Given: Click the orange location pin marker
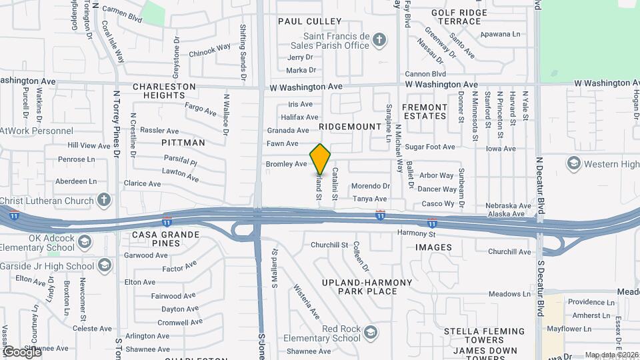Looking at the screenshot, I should click(x=321, y=159).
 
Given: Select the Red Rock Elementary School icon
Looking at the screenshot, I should click(x=371, y=332).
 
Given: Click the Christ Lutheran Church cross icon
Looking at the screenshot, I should click(x=104, y=199).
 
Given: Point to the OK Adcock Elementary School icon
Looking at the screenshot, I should click(x=85, y=241).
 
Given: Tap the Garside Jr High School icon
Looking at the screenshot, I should click(x=105, y=266).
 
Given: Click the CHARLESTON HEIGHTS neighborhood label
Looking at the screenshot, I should click(x=164, y=91).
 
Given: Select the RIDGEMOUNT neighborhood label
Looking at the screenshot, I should click(x=344, y=125).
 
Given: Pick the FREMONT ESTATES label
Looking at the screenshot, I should click(x=425, y=111).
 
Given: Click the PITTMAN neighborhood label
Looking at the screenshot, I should click(x=183, y=143).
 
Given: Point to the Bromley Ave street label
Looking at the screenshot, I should click(x=286, y=163).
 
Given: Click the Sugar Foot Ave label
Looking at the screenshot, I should click(x=429, y=147).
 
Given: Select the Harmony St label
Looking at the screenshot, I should click(x=416, y=234).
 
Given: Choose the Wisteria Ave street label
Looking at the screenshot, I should click(x=307, y=301).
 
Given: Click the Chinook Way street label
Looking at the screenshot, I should click(x=209, y=51).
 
